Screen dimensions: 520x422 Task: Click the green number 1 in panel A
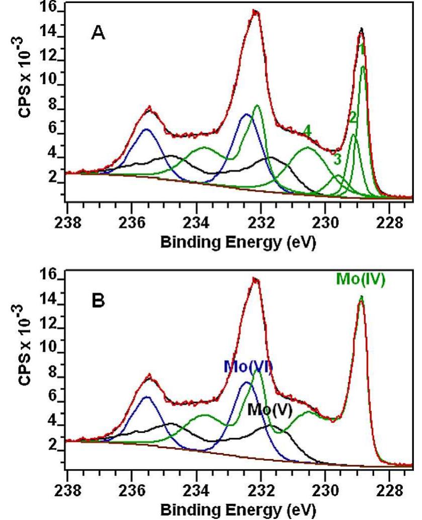pyautogui.click(x=362, y=49)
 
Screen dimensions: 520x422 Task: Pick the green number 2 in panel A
pyautogui.click(x=353, y=117)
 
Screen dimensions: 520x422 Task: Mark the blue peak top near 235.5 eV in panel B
pyautogui.click(x=147, y=397)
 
